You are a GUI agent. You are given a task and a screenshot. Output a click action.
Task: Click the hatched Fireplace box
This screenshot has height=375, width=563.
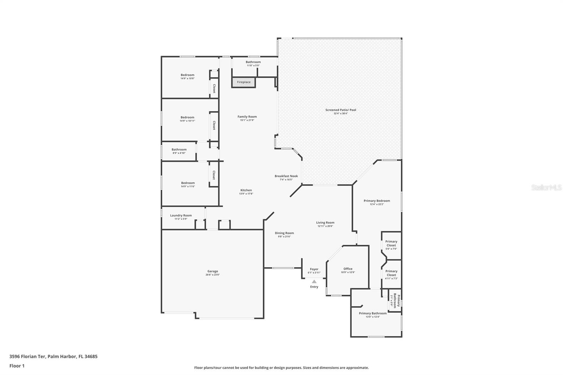click(x=243, y=82)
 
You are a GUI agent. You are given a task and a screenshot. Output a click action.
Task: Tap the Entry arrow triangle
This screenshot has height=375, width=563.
click(x=314, y=281)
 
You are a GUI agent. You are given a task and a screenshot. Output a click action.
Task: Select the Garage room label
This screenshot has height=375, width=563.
click(x=213, y=271)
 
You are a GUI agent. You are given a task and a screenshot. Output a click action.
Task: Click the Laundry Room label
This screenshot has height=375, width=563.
click(x=181, y=216)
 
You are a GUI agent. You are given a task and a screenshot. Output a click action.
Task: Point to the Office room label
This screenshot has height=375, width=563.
click(x=348, y=269)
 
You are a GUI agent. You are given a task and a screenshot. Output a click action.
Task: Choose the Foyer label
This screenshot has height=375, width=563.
click(x=314, y=269)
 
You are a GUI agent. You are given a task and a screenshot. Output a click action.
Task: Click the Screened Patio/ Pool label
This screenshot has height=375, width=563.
click(x=340, y=110)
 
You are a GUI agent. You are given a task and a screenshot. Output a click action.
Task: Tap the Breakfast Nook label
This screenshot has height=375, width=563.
click(x=286, y=176)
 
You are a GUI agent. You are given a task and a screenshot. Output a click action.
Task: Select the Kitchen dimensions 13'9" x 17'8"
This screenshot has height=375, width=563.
click(x=246, y=194)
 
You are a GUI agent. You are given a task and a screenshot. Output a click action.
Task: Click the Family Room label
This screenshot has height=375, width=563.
click(x=247, y=117)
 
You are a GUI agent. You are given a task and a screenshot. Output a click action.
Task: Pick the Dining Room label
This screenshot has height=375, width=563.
click(x=284, y=233)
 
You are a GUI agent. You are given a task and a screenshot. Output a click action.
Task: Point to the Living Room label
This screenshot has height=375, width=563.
click(x=325, y=223)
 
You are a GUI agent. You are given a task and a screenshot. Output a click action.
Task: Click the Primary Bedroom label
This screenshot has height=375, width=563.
click(x=377, y=201)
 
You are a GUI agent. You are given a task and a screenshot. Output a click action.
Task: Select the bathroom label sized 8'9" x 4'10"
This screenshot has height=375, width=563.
click(x=179, y=150)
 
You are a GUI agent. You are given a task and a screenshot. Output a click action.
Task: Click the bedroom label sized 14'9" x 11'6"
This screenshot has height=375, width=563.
click(x=188, y=183)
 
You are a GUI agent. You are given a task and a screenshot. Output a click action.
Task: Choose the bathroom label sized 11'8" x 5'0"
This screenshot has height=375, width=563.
click(x=253, y=62)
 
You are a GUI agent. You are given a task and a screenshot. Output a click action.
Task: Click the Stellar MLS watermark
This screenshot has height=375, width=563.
click(x=546, y=188)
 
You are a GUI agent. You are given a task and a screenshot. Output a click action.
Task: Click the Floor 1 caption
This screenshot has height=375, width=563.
click(x=17, y=366)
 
